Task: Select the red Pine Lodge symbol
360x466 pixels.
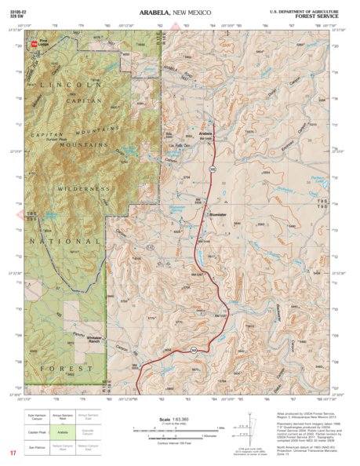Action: pos(34,46)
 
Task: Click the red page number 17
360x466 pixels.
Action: pos(13,453)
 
